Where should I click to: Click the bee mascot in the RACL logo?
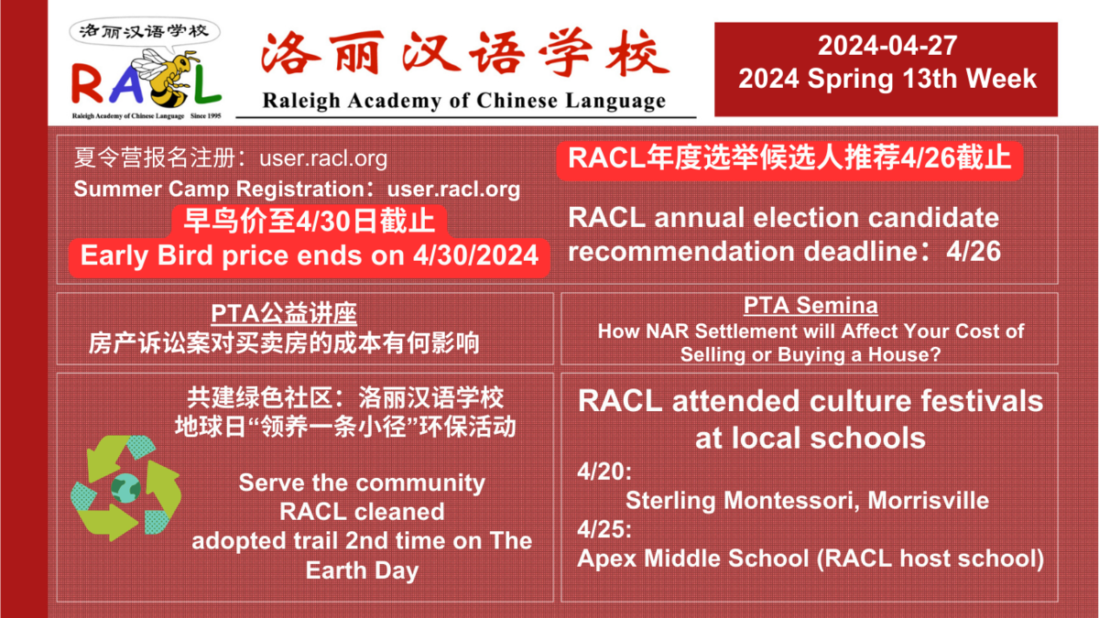coord(163,79)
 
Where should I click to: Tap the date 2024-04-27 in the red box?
coord(887,46)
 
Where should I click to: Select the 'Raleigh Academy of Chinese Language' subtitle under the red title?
coord(464,101)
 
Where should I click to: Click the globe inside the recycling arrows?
coord(125,488)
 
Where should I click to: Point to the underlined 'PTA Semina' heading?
coord(811,305)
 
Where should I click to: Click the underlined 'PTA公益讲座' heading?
coord(284,313)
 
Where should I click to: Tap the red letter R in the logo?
coord(87,83)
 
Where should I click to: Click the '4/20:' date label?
coord(604,472)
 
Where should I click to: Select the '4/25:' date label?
coord(604,530)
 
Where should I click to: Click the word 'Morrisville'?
coord(929,501)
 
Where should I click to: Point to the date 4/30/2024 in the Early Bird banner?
coord(475,255)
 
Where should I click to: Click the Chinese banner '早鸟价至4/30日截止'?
coord(310,221)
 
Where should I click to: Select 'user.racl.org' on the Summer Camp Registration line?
coord(454,190)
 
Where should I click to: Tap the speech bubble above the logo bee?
coord(145,32)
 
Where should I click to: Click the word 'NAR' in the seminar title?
coord(668,331)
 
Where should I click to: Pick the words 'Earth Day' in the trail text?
coord(362,570)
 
